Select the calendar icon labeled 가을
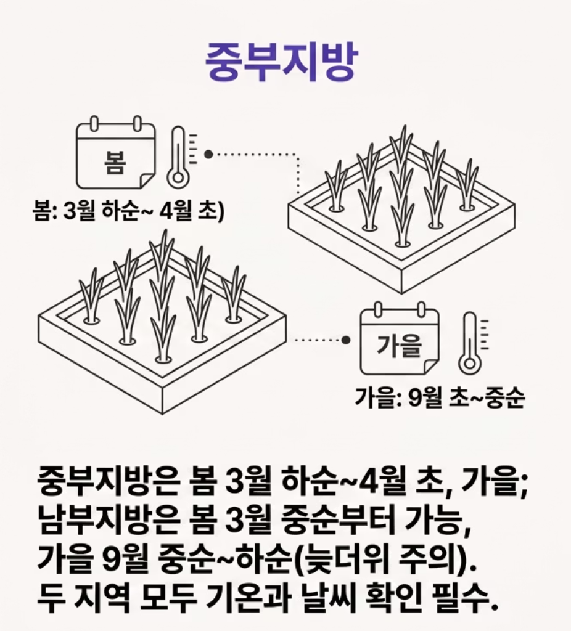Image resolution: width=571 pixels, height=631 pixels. (400, 339)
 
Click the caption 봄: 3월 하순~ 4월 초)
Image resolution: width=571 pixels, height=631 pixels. (128, 211)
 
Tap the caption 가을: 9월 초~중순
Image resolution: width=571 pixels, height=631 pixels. (440, 398)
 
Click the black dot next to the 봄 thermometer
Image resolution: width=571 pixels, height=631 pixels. (208, 154)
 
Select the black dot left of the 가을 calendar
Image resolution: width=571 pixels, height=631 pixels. (345, 340)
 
